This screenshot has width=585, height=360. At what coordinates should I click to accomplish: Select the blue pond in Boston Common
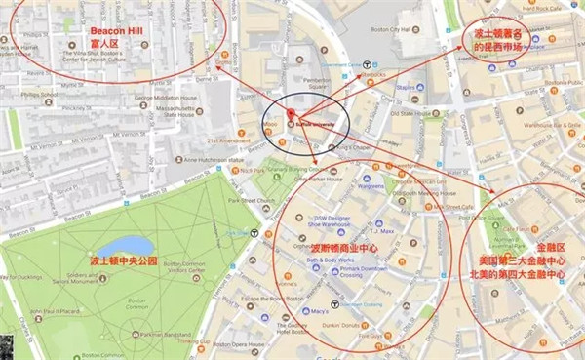(x=125, y=245)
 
